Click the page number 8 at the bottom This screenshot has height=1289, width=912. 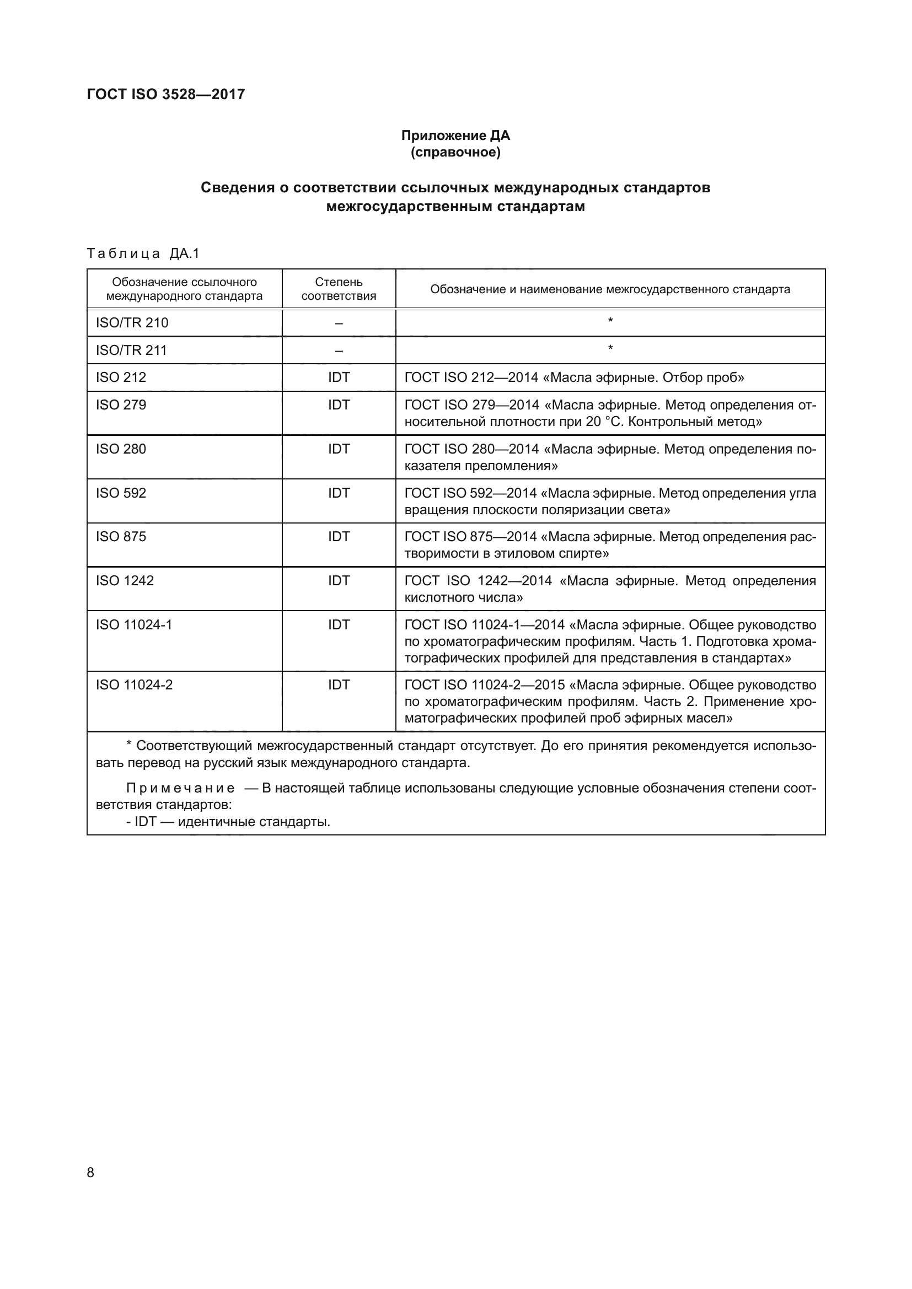tap(90, 1172)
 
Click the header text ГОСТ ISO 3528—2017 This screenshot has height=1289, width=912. tap(165, 94)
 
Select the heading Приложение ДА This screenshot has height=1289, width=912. tap(455, 136)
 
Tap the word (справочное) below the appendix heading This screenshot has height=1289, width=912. tap(455, 152)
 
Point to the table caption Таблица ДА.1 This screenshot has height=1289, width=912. tap(143, 254)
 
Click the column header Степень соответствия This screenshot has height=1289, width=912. tap(339, 289)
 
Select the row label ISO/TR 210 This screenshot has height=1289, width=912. tap(132, 323)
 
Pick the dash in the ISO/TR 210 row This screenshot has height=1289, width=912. tap(339, 323)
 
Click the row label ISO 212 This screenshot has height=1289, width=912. tap(121, 377)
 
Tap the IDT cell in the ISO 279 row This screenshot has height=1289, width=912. tap(339, 405)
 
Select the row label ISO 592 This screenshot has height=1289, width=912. tap(121, 493)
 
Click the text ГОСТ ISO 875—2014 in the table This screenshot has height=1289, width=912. tap(470, 537)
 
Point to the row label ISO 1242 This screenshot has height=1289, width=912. tap(125, 580)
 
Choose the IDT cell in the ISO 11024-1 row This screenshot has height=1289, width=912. tap(339, 624)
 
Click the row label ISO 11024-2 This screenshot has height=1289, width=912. tap(134, 685)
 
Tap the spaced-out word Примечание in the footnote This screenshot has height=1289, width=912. tap(180, 788)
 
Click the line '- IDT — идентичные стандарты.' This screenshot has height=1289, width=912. tap(228, 822)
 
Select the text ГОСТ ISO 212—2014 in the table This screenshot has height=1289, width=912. tap(471, 377)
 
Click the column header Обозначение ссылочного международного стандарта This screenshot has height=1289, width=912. tap(184, 289)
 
